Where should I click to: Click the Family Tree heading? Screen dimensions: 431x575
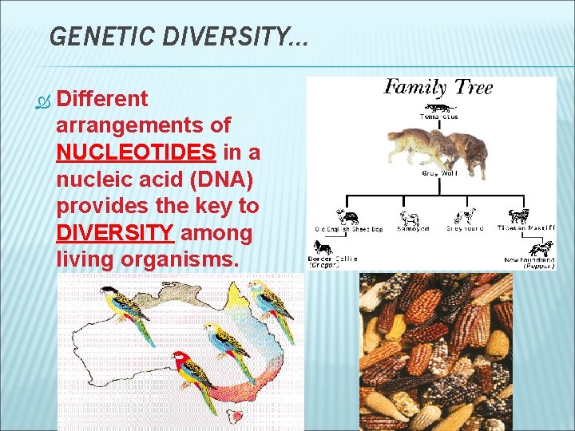[438, 88]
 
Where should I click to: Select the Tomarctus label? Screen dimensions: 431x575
[439, 117]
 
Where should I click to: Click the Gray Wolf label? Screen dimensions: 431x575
[439, 173]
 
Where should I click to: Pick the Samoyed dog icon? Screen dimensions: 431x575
[410, 216]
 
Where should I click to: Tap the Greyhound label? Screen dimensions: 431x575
[464, 229]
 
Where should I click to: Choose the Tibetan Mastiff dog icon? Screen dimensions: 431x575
[518, 215]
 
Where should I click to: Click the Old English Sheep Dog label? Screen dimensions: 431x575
[348, 229]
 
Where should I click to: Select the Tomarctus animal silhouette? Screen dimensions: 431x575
[438, 107]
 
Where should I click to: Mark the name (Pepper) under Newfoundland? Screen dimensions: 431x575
[539, 267]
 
